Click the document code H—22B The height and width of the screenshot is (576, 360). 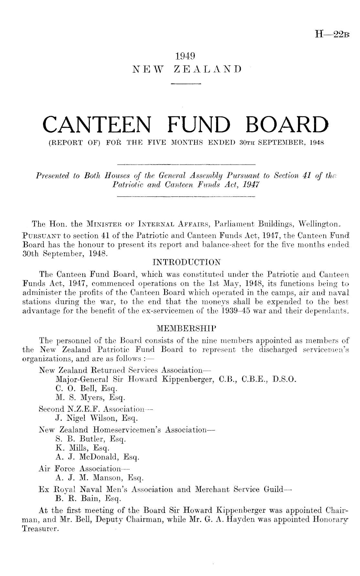[334, 34]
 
